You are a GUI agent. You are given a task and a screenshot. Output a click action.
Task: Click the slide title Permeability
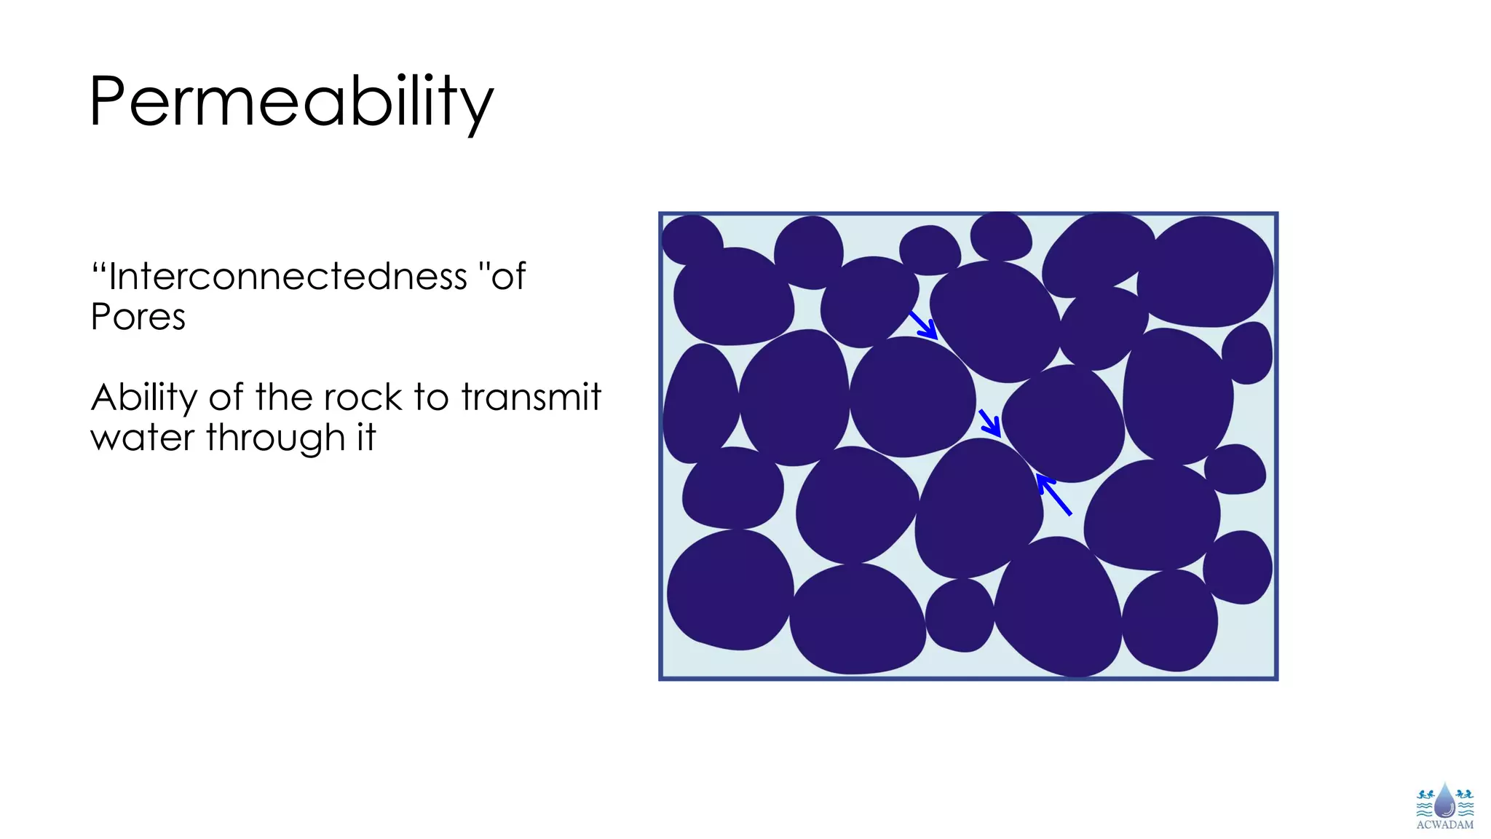(x=291, y=102)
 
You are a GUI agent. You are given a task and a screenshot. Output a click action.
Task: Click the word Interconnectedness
(x=288, y=277)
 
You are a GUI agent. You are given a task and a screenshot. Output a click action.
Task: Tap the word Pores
(x=138, y=317)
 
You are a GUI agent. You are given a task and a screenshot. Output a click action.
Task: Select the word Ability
(x=144, y=398)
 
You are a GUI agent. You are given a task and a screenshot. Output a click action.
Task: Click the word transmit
(x=531, y=398)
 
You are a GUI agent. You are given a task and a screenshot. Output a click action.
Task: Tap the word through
(x=275, y=438)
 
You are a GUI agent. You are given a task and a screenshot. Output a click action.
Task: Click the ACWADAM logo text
(x=1444, y=825)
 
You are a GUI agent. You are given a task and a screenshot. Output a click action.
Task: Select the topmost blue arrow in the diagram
(x=923, y=325)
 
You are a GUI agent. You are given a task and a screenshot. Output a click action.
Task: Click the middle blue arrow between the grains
(x=989, y=422)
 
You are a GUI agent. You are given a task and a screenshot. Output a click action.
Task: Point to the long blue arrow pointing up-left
(x=1053, y=495)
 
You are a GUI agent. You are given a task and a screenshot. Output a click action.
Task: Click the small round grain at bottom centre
(x=960, y=615)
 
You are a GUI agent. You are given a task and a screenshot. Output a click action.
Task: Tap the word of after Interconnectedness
(x=508, y=277)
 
